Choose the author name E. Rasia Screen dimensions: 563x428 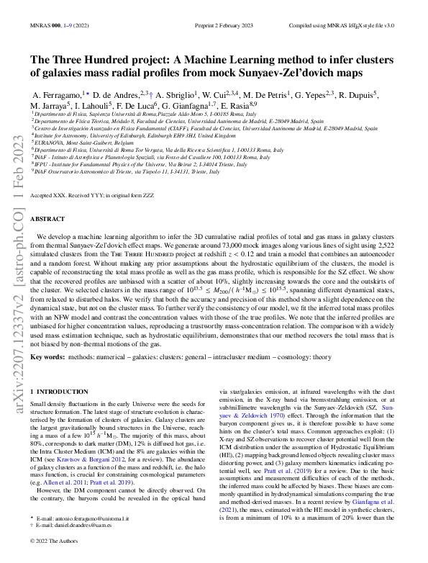[237, 105]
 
